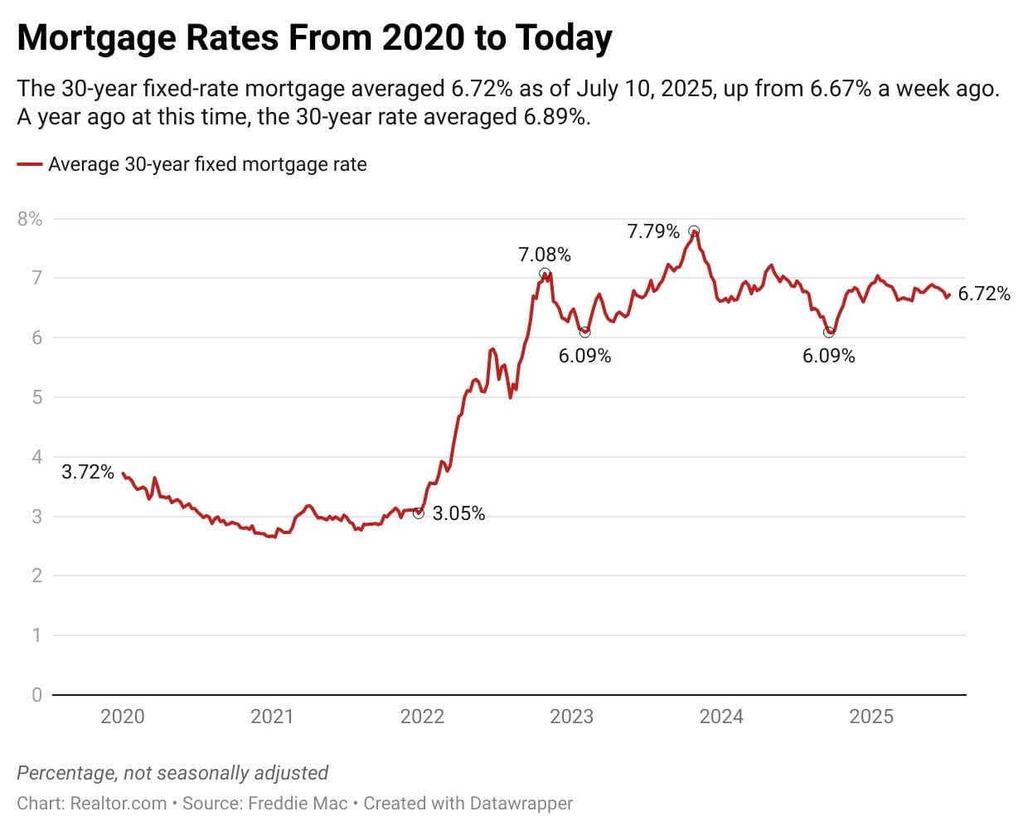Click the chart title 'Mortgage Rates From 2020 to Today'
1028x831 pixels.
click(314, 38)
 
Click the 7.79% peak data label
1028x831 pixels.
click(653, 231)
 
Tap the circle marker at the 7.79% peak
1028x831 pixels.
click(694, 231)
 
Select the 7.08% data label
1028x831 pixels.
click(545, 255)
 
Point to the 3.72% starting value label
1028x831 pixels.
click(88, 472)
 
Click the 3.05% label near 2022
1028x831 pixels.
click(458, 513)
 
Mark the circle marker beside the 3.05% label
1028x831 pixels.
click(419, 513)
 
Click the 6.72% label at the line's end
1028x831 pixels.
click(984, 294)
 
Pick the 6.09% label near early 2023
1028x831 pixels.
click(584, 356)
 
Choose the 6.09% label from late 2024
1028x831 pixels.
click(828, 356)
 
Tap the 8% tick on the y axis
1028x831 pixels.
click(30, 219)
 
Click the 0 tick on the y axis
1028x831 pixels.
click(36, 695)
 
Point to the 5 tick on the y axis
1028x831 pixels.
click(36, 397)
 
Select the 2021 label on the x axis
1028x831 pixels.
click(272, 717)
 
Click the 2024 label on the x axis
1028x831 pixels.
click(721, 717)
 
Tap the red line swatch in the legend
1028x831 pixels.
click(30, 164)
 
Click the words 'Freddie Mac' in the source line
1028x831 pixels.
click(298, 804)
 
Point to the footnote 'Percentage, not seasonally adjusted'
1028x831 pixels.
click(172, 773)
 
